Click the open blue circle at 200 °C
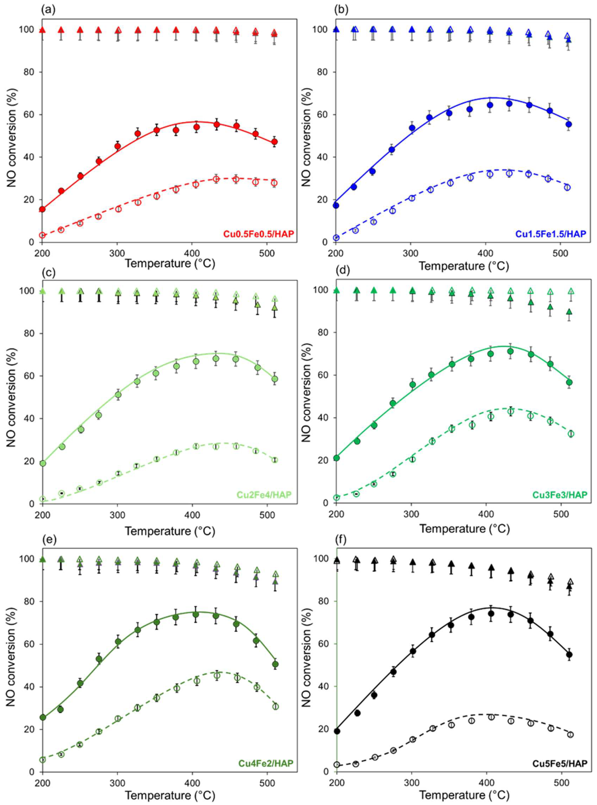[336, 238]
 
